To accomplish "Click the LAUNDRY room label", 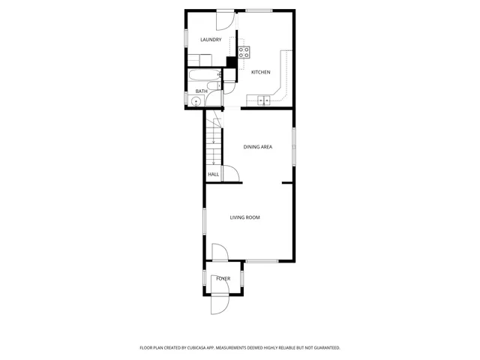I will click(x=211, y=40).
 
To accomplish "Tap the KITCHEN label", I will click(x=260, y=72).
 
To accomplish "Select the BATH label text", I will click(x=201, y=91).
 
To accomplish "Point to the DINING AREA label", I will click(x=257, y=147).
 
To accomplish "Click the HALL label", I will click(x=214, y=175).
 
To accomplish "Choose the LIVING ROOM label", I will click(x=244, y=217).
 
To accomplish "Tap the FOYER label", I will click(x=223, y=279).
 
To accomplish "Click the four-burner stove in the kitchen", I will click(x=244, y=52).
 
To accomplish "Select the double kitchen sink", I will click(x=264, y=100).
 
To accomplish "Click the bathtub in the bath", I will click(x=202, y=76).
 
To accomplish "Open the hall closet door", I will click(x=232, y=174).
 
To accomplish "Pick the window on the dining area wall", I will click(x=295, y=147).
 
